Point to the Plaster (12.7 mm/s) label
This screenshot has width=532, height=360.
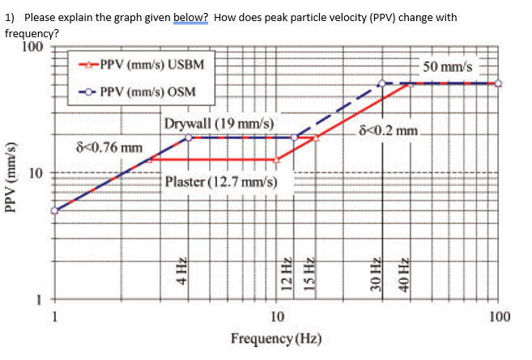tap(221, 181)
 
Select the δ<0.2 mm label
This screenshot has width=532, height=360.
tap(393, 129)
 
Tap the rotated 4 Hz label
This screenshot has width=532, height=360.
tap(183, 268)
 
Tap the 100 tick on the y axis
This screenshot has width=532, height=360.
tap(32, 46)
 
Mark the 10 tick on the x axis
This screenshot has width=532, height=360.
tap(276, 316)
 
